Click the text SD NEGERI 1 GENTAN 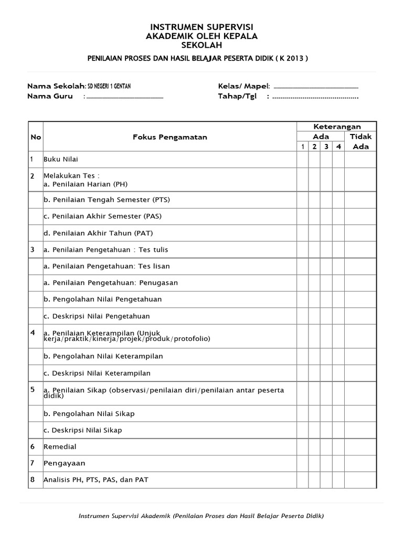pyautogui.click(x=114, y=86)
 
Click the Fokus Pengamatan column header pyautogui.click(x=169, y=137)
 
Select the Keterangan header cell pyautogui.click(x=337, y=127)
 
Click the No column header pyautogui.click(x=36, y=137)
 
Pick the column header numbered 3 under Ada pyautogui.click(x=326, y=147)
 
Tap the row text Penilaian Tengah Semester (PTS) pyautogui.click(x=107, y=200)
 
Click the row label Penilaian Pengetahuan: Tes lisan pyautogui.click(x=107, y=266)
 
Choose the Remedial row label pyautogui.click(x=60, y=447)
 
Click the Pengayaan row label pyautogui.click(x=64, y=463)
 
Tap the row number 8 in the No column pyautogui.click(x=33, y=479)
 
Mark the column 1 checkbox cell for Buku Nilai pyautogui.click(x=303, y=159)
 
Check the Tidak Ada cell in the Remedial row pyautogui.click(x=360, y=447)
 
